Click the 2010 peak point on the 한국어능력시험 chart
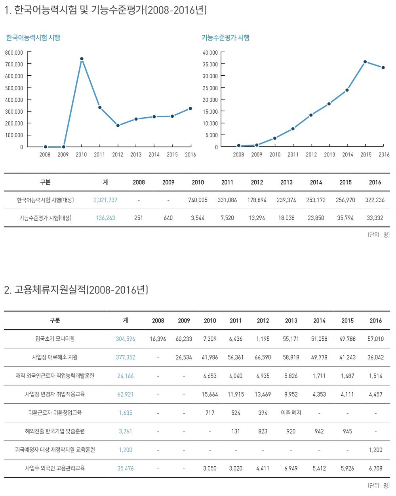[x=82, y=59]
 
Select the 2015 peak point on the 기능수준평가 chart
[x=365, y=62]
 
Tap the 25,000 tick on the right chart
[x=210, y=88]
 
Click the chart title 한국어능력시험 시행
[x=33, y=38]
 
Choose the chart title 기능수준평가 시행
[x=225, y=38]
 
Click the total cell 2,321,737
[x=105, y=200]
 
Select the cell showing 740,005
[x=198, y=200]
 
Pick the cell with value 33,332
[x=375, y=218]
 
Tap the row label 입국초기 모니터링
[x=55, y=339]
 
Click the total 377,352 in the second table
[x=126, y=357]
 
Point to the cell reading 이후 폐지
[x=291, y=413]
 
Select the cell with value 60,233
[x=184, y=339]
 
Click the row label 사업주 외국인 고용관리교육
[x=55, y=468]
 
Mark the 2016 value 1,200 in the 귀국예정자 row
[x=375, y=450]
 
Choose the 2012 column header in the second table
[x=263, y=320]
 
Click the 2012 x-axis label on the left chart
[x=118, y=155]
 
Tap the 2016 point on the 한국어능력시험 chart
[x=190, y=109]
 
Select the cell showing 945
[x=347, y=431]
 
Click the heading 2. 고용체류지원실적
[x=76, y=290]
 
